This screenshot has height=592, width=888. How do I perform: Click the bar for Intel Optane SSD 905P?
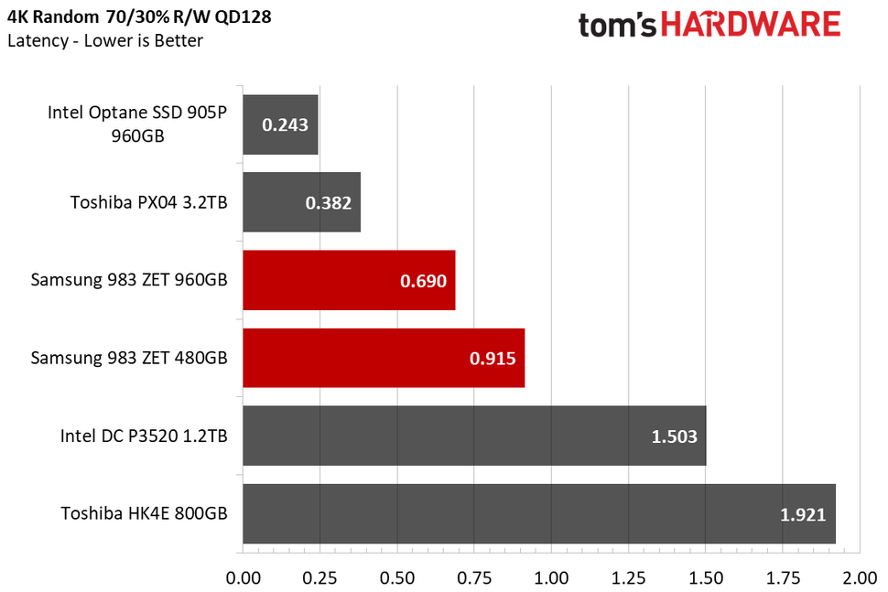point(279,124)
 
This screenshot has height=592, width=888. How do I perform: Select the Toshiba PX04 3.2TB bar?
point(300,202)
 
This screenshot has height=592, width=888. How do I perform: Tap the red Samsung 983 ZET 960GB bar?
point(348,280)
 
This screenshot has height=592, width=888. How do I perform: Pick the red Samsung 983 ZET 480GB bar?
point(383,358)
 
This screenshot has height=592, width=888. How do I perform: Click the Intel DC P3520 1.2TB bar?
point(473,436)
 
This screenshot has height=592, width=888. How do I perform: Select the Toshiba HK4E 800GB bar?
point(538,513)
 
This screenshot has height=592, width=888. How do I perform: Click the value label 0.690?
point(423,281)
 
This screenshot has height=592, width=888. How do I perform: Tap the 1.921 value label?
point(803,514)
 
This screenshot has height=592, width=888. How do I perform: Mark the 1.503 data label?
point(674,436)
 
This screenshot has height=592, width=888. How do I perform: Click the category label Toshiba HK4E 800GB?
point(145,513)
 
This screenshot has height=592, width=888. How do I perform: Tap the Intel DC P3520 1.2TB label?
point(143,436)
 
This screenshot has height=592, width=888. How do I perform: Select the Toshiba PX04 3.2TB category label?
point(149,202)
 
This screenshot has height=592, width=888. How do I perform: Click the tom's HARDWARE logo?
point(709,25)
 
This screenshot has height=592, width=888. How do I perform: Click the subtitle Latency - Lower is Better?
point(105,40)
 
